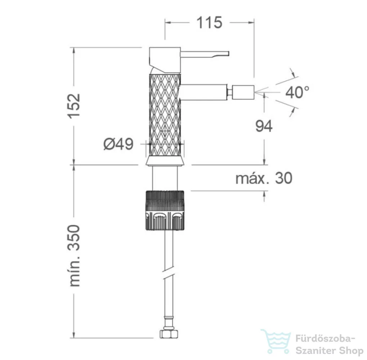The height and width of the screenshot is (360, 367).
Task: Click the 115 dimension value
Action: point(209,23)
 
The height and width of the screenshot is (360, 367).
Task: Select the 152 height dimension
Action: point(74,106)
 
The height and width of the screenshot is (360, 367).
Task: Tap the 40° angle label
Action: point(297,92)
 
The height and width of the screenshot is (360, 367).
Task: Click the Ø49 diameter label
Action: point(118,144)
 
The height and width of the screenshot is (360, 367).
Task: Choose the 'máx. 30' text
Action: point(264,178)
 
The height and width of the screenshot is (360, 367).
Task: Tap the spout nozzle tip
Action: point(243,92)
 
